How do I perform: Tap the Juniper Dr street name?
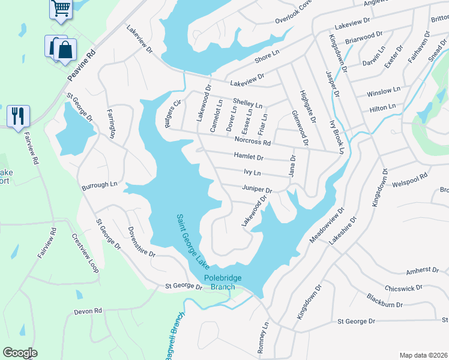pyautogui.click(x=257, y=190)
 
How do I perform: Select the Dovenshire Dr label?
pyautogui.click(x=142, y=242)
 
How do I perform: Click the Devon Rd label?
pyautogui.click(x=88, y=311)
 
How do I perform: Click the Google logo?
pyautogui.click(x=20, y=353)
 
